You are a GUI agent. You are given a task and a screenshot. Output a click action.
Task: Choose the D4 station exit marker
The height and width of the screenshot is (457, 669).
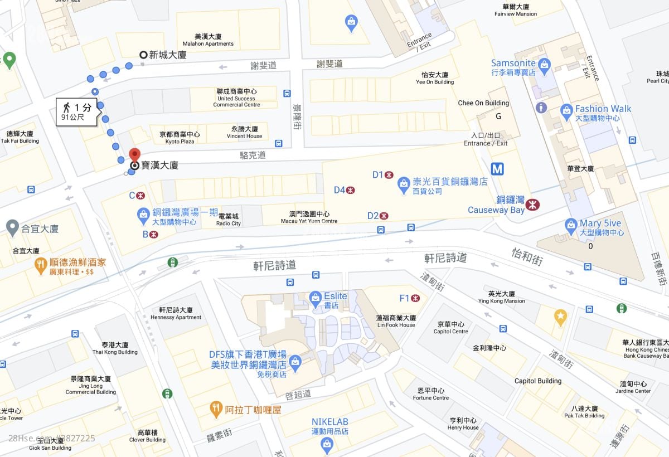click(x=351, y=190)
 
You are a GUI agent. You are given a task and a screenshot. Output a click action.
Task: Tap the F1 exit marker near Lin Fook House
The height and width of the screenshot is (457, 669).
click(x=415, y=298)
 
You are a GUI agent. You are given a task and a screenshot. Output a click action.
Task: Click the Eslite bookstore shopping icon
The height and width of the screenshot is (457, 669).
click(x=316, y=296)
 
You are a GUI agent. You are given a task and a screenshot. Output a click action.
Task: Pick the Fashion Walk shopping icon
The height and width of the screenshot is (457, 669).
click(x=566, y=109)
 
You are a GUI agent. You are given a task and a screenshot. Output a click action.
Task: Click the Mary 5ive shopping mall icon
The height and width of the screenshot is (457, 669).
click(x=570, y=224)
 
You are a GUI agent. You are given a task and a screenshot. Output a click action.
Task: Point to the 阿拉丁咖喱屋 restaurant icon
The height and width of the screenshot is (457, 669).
click(x=216, y=410)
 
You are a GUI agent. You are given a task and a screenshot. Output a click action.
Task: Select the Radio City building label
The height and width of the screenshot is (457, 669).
click(x=229, y=220)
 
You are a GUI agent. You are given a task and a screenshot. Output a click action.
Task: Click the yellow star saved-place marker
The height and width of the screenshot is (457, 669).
click(x=560, y=317)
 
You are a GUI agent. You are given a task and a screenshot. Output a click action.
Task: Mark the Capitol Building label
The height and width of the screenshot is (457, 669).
click(x=537, y=381)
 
